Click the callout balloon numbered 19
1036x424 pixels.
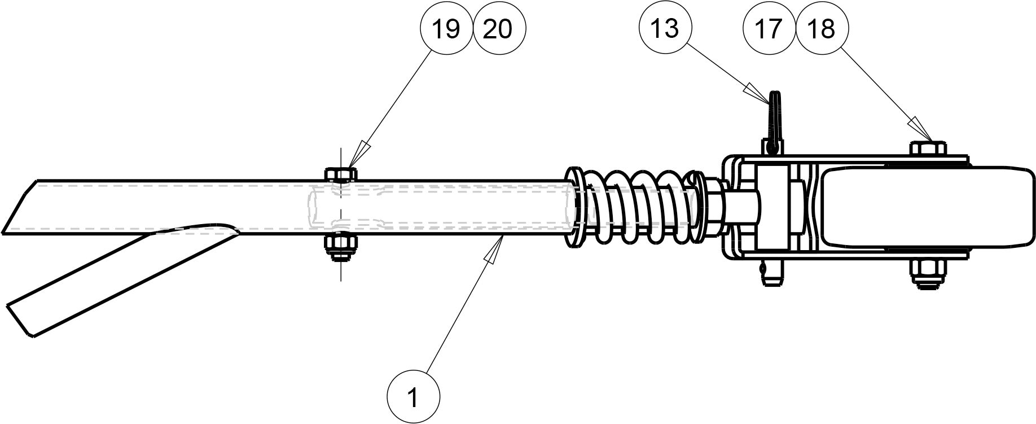click(x=446, y=28)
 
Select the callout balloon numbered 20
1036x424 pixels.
click(x=499, y=28)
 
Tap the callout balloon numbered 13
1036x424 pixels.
click(x=665, y=28)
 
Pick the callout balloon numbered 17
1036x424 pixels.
click(x=769, y=28)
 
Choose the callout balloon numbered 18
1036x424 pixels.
click(x=821, y=28)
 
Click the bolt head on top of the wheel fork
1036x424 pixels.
click(x=928, y=148)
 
